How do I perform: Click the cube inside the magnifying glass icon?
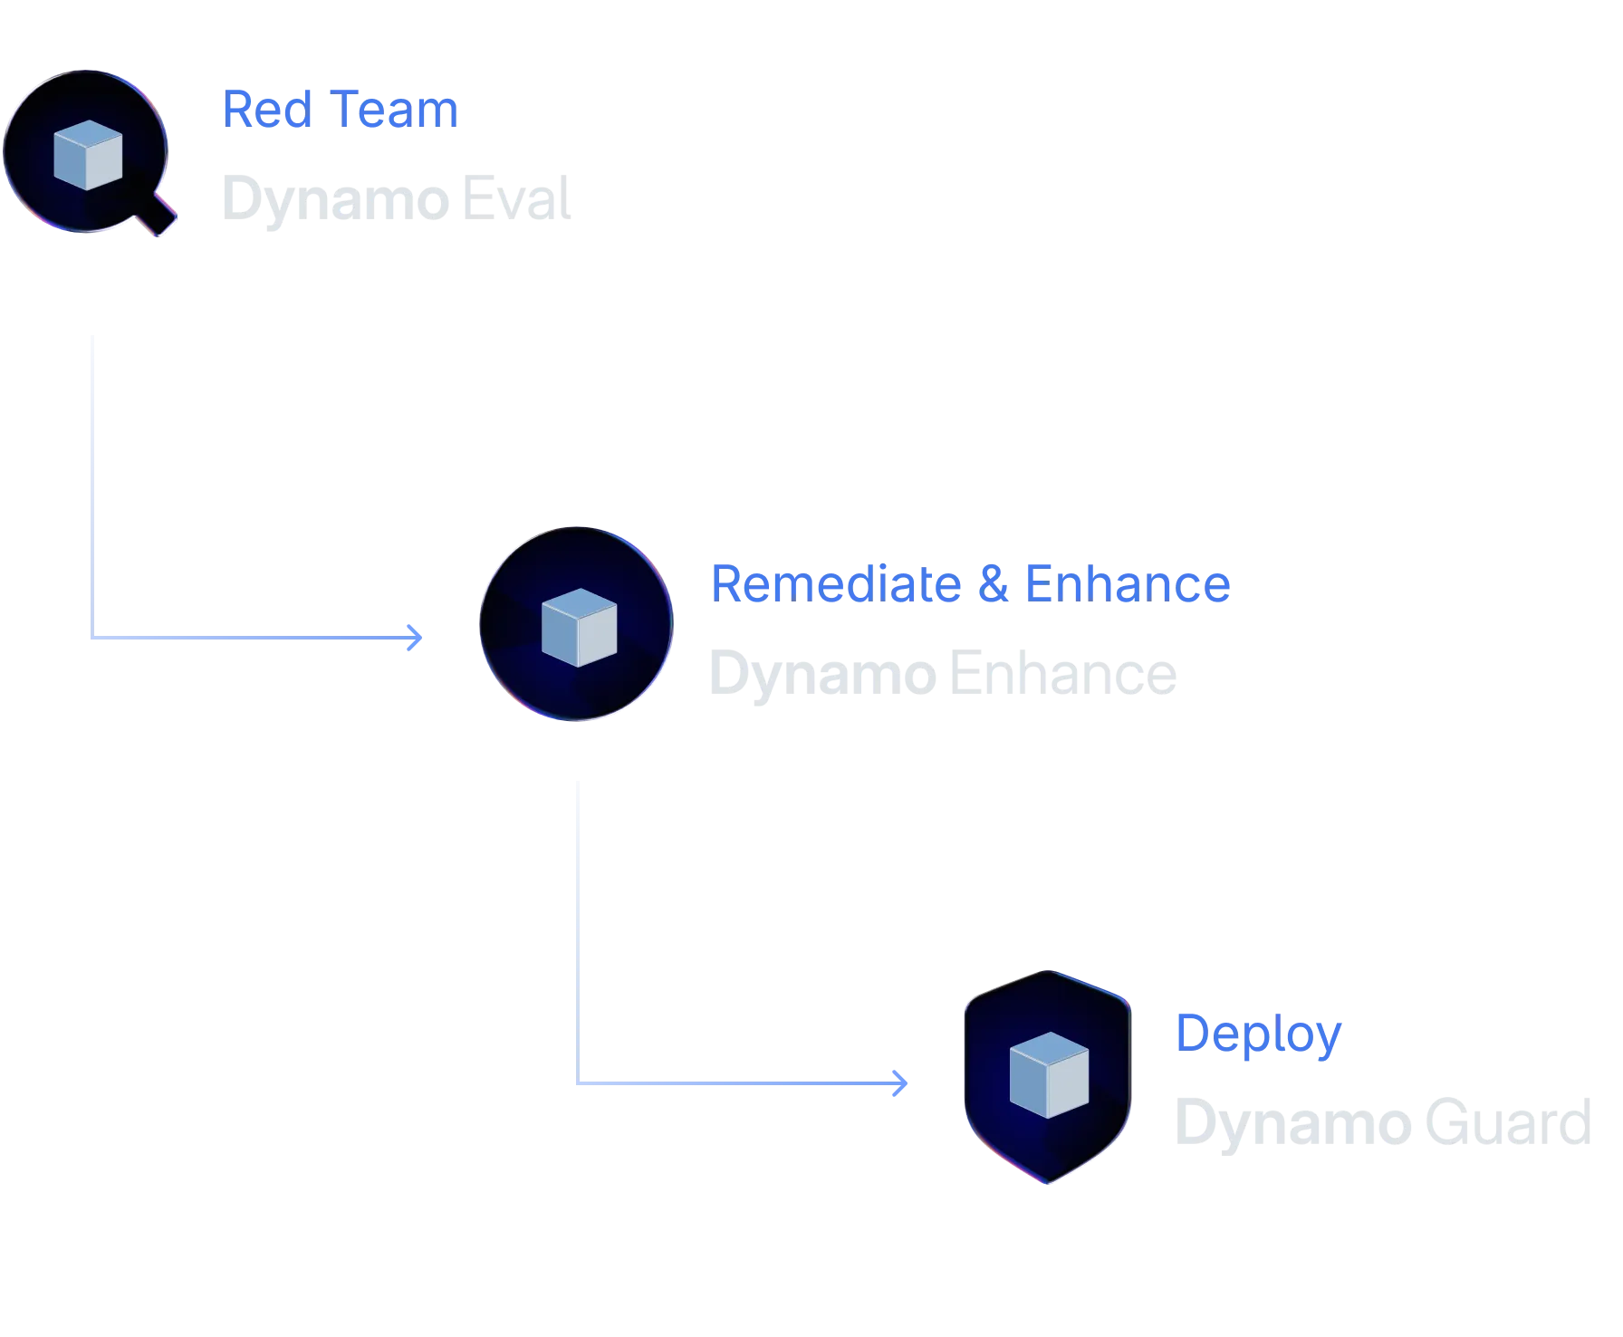88,154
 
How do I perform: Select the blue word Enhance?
1127,583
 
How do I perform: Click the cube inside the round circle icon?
578,627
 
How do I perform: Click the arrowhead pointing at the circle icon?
417,638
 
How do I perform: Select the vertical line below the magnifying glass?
91,480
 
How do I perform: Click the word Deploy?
1258,1034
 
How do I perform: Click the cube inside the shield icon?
1049,1074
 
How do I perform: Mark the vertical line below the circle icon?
576,924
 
